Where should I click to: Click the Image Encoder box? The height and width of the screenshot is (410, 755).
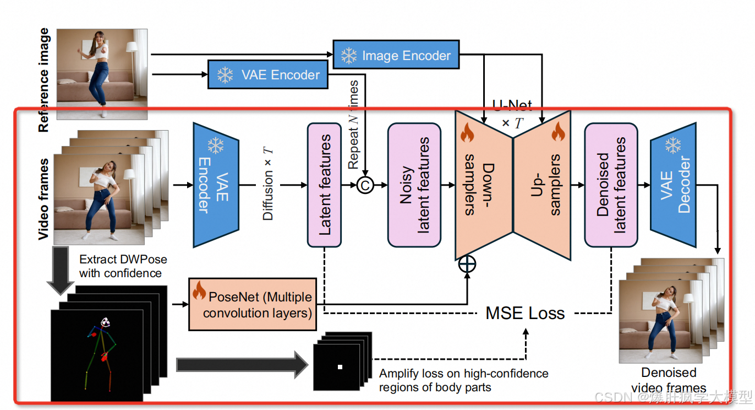(x=396, y=55)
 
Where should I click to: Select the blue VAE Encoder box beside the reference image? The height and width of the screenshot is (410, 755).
(x=268, y=74)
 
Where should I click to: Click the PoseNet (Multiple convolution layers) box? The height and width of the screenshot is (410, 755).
(x=253, y=304)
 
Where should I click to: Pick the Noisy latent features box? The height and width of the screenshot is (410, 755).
(x=414, y=185)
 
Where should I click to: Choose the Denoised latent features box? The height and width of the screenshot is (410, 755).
(x=611, y=185)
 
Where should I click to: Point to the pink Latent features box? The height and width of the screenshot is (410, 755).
(x=325, y=185)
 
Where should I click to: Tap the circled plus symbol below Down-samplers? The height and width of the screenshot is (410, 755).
(x=467, y=264)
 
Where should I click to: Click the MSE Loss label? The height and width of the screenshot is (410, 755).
(x=525, y=314)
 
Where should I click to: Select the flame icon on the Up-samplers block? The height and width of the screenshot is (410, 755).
(x=558, y=132)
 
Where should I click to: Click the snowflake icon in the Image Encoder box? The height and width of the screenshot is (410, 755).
(x=349, y=55)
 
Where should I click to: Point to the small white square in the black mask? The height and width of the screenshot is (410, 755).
(x=340, y=367)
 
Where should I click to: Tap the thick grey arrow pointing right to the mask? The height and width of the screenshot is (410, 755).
(x=242, y=364)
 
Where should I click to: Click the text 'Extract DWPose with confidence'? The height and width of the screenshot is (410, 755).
(x=123, y=266)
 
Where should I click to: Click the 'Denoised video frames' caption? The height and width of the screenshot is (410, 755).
(x=669, y=380)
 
